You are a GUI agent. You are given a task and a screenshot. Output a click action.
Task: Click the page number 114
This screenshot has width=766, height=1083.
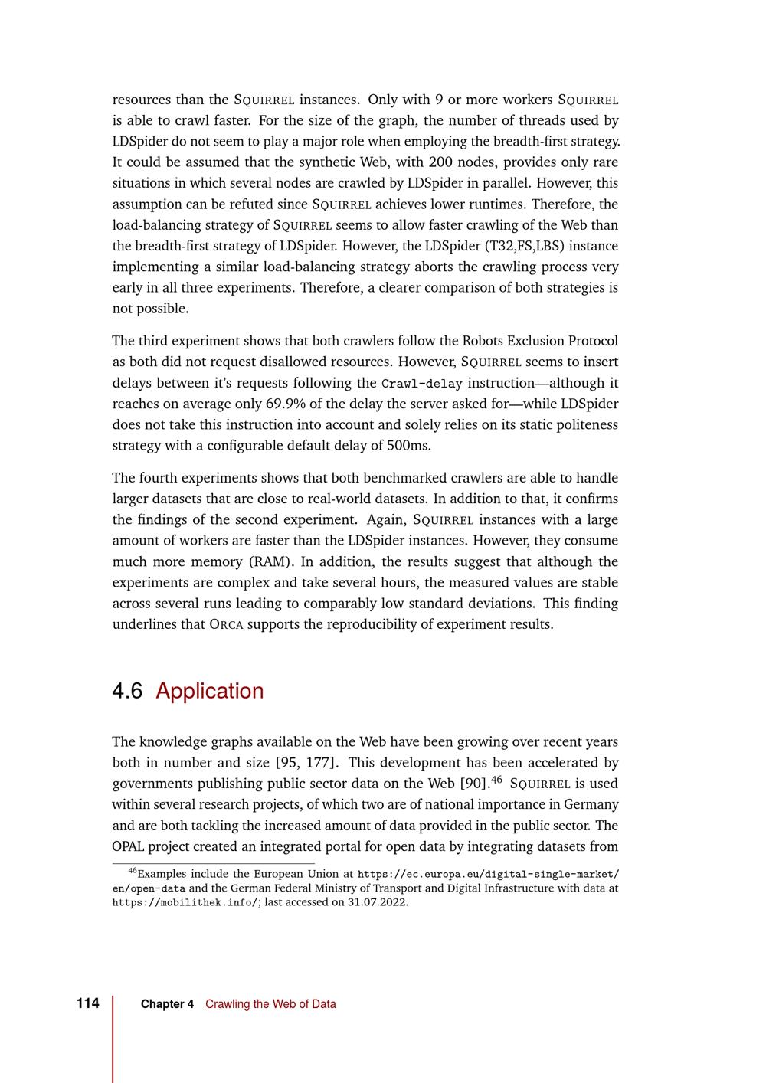[x=88, y=1003]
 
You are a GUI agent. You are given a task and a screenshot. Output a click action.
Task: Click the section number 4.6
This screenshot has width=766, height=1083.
[x=127, y=691]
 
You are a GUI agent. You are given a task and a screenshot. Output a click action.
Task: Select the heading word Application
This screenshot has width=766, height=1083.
[x=209, y=691]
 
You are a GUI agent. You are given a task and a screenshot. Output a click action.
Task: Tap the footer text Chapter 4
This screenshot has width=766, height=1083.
[x=167, y=1004]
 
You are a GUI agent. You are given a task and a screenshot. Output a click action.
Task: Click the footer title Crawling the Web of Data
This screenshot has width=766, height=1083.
[x=270, y=1004]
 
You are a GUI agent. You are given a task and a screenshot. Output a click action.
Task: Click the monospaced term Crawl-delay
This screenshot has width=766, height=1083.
[x=421, y=383]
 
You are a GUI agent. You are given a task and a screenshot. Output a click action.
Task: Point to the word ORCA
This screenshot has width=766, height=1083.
[x=226, y=624]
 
